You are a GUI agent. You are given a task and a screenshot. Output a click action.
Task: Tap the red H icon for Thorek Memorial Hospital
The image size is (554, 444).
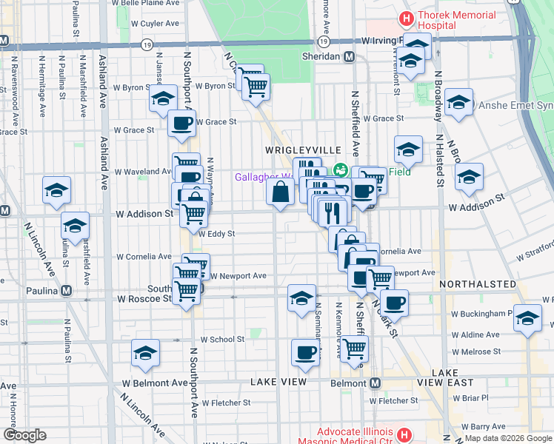(x=406, y=16)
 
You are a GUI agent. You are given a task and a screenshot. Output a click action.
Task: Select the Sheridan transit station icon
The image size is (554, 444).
(x=349, y=56)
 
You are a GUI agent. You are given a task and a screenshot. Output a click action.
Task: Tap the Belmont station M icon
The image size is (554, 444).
(x=375, y=383)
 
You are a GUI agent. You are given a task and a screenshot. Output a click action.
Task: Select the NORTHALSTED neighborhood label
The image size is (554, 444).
(x=477, y=284)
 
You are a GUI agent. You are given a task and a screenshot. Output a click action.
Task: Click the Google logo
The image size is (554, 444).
(x=24, y=435)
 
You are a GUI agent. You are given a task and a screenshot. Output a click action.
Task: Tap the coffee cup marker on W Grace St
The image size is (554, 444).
(x=181, y=124)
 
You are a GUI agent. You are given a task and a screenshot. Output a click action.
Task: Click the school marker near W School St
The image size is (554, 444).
(x=146, y=354)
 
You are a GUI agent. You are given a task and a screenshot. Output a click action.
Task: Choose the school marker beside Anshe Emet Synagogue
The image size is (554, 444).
(x=458, y=103)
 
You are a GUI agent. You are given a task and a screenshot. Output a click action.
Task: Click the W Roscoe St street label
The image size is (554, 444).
(x=144, y=299)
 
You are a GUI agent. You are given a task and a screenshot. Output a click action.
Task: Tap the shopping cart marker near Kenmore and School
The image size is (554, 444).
(x=355, y=346)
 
